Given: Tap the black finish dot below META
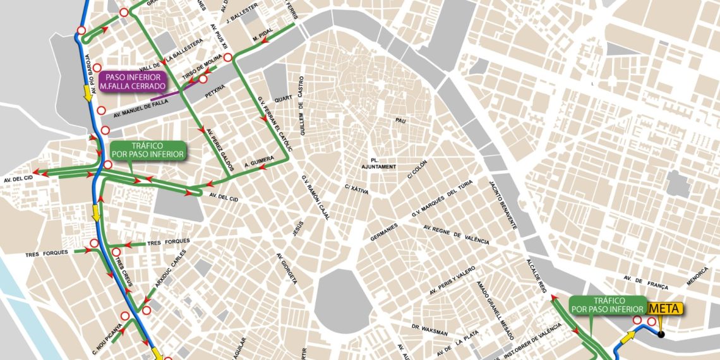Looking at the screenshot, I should pos(661,333).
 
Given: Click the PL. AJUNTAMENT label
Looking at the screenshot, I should pos(379,163).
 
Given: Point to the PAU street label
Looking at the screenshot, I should pos(399,120).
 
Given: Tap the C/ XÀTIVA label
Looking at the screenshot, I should pos(357,188).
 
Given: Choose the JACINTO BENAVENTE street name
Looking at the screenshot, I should pos(503,205).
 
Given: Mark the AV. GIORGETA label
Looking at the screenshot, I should pos(286,268).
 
